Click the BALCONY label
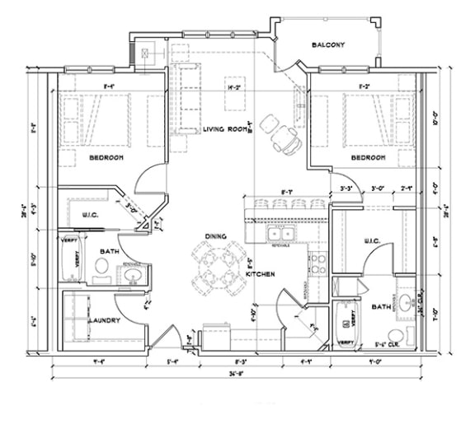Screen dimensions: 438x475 [327, 44]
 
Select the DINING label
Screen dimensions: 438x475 [216, 237]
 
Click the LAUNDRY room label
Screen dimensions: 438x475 [105, 320]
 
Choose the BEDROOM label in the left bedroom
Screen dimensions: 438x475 [106, 156]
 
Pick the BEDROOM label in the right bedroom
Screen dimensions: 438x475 [368, 156]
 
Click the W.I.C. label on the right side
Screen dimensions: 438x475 [372, 241]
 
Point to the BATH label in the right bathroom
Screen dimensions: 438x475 [379, 307]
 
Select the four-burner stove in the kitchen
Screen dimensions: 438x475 [318, 263]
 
